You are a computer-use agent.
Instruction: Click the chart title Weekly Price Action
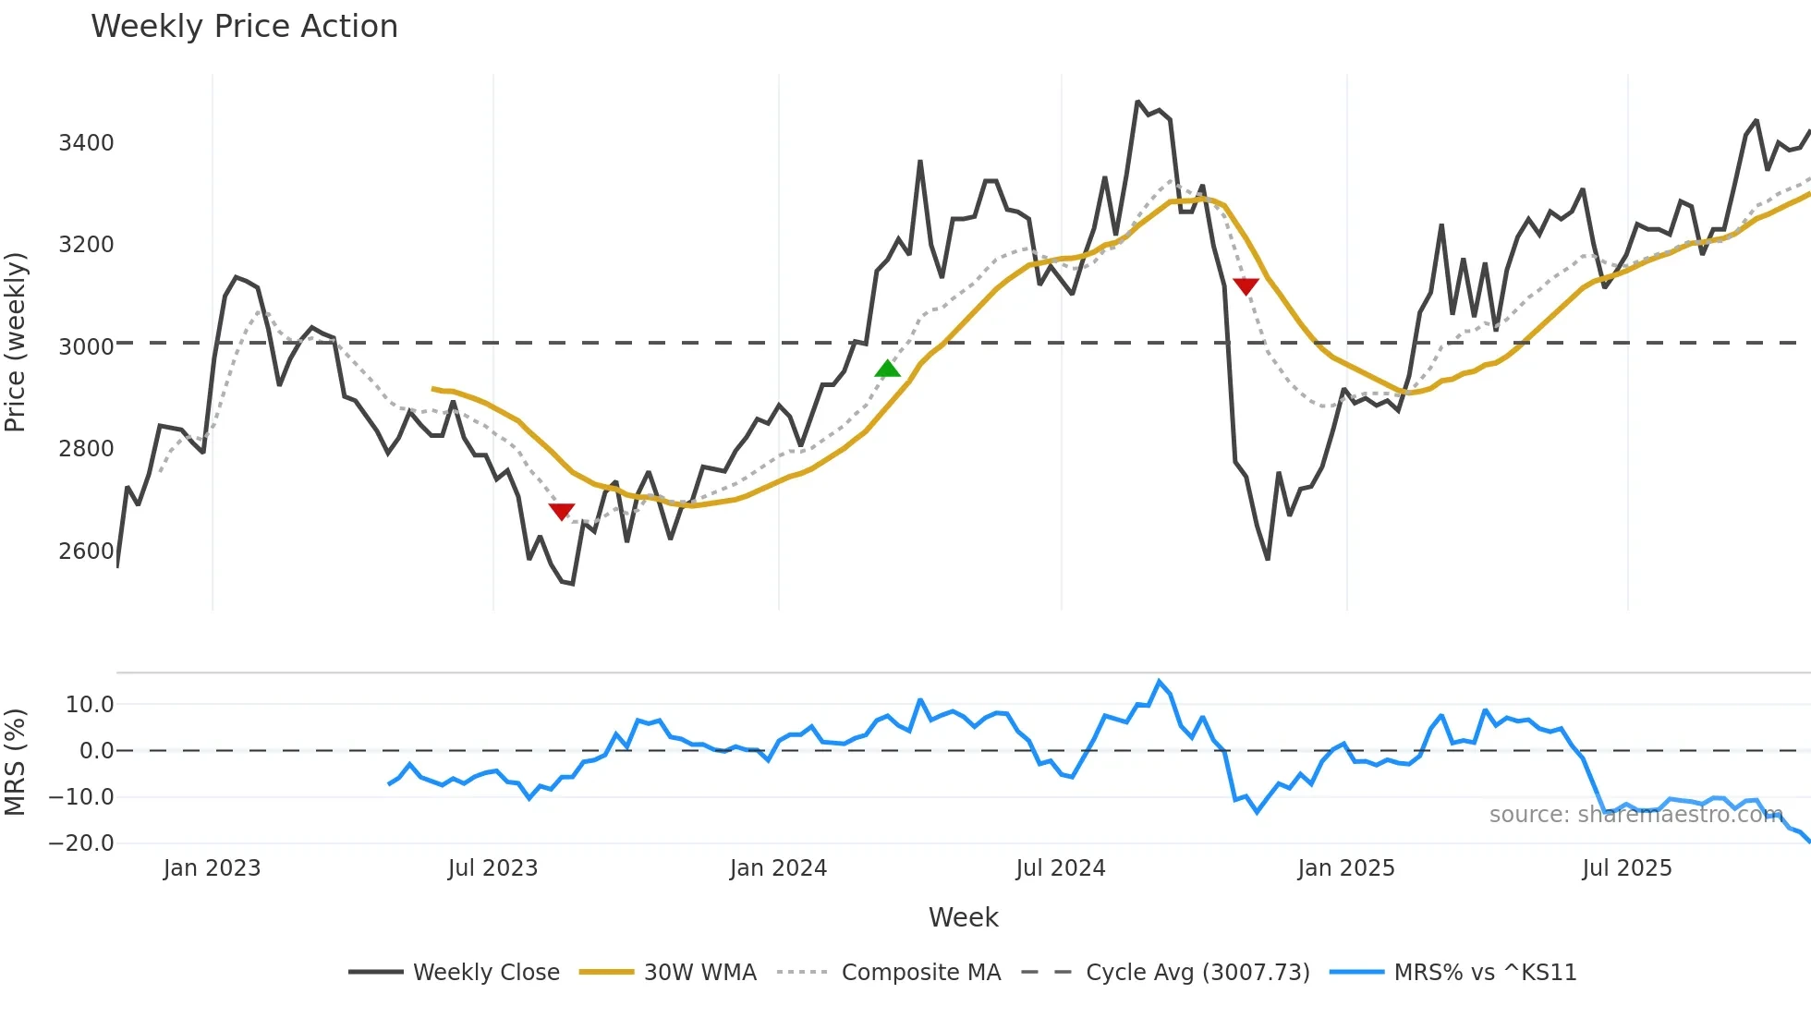[244, 27]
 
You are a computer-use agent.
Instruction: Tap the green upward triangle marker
[887, 370]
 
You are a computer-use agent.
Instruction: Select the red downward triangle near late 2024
[1246, 286]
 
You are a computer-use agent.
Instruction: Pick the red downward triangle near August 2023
[562, 511]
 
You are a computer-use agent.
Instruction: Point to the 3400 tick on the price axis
[86, 143]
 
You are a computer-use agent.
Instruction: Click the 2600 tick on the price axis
[86, 551]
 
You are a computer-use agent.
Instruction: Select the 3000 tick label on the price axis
[86, 347]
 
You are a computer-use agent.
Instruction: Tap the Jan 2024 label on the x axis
[778, 868]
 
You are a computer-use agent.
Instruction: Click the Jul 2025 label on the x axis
[1626, 868]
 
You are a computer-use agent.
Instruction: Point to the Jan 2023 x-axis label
[212, 868]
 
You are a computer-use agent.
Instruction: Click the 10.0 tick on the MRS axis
[90, 705]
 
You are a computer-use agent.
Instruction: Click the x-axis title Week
[963, 917]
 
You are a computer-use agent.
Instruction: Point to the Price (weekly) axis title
[16, 342]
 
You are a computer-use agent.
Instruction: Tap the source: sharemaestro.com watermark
[1635, 815]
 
